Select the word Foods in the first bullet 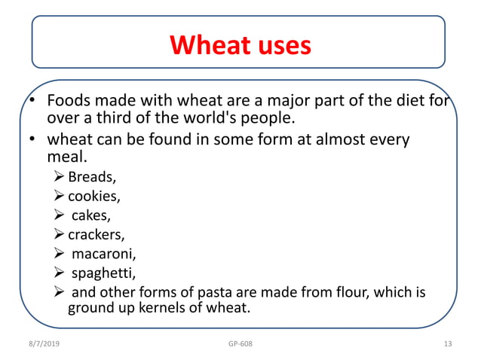pos(69,102)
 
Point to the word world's pos(231,119)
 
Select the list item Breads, pos(90,178)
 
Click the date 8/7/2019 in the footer pos(41,344)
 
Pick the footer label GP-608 pos(240,344)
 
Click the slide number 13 pos(448,344)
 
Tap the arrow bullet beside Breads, pos(60,178)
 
